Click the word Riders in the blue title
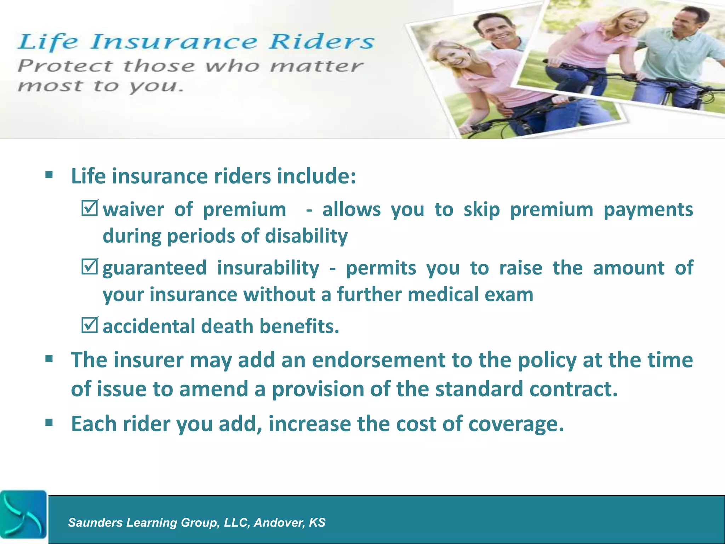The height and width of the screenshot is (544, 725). pyautogui.click(x=321, y=42)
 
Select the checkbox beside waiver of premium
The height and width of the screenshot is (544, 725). pyautogui.click(x=89, y=209)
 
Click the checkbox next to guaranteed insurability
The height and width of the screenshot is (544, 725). pyautogui.click(x=89, y=267)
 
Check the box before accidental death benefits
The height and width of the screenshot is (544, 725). pyautogui.click(x=89, y=325)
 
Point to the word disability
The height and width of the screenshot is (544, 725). pyautogui.click(x=306, y=236)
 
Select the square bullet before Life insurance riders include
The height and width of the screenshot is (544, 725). pyautogui.click(x=49, y=175)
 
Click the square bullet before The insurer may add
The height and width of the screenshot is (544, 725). pyautogui.click(x=49, y=359)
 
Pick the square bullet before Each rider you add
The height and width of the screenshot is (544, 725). pyautogui.click(x=49, y=422)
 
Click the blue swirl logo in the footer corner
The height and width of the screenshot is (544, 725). pyautogui.click(x=23, y=514)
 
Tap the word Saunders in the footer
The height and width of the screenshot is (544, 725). pyautogui.click(x=95, y=522)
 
